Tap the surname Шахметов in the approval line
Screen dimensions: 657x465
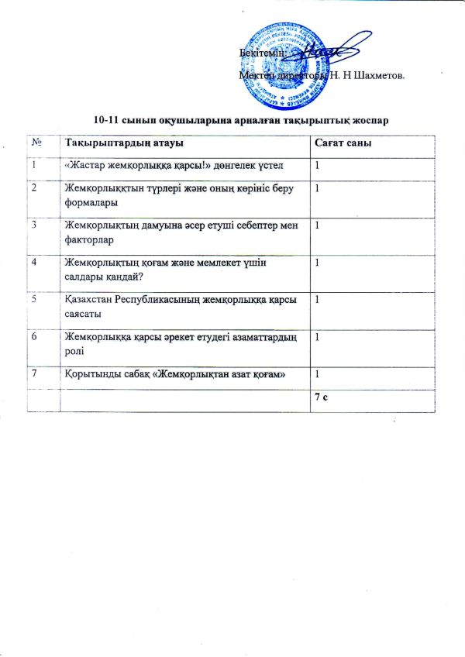(x=377, y=75)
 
